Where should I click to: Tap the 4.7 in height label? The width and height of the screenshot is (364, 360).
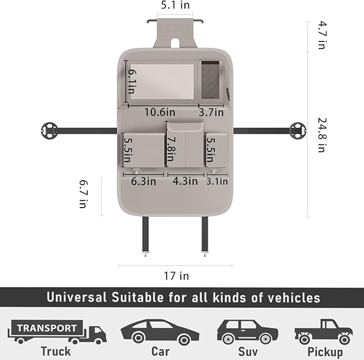tap(321, 35)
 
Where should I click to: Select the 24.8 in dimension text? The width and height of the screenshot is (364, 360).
tap(321, 135)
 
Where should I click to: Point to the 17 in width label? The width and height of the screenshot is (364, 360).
tap(176, 276)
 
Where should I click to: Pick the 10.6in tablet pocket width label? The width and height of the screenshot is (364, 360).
tap(159, 112)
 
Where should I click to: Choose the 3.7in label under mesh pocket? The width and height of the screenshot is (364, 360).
tap(211, 112)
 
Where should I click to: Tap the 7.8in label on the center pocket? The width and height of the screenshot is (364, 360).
tap(170, 150)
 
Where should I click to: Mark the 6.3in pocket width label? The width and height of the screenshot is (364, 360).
tap(144, 181)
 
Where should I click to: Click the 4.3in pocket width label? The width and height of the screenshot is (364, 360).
tap(185, 181)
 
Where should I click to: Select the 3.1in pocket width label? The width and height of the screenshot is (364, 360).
tap(217, 181)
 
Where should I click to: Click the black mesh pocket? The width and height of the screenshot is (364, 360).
tap(210, 77)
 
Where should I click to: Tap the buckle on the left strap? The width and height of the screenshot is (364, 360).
tap(49, 130)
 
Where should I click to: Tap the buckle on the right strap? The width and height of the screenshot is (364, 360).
tap(295, 130)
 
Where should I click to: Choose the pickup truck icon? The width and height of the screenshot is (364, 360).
tap(323, 332)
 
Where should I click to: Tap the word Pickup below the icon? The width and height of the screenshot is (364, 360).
tap(325, 351)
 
